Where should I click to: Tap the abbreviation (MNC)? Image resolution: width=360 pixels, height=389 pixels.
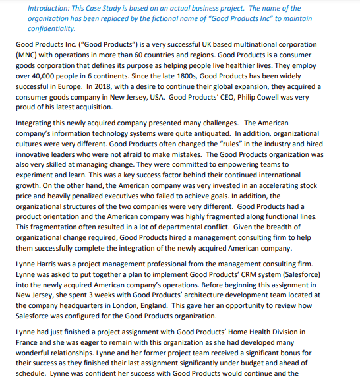(x=27, y=55)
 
